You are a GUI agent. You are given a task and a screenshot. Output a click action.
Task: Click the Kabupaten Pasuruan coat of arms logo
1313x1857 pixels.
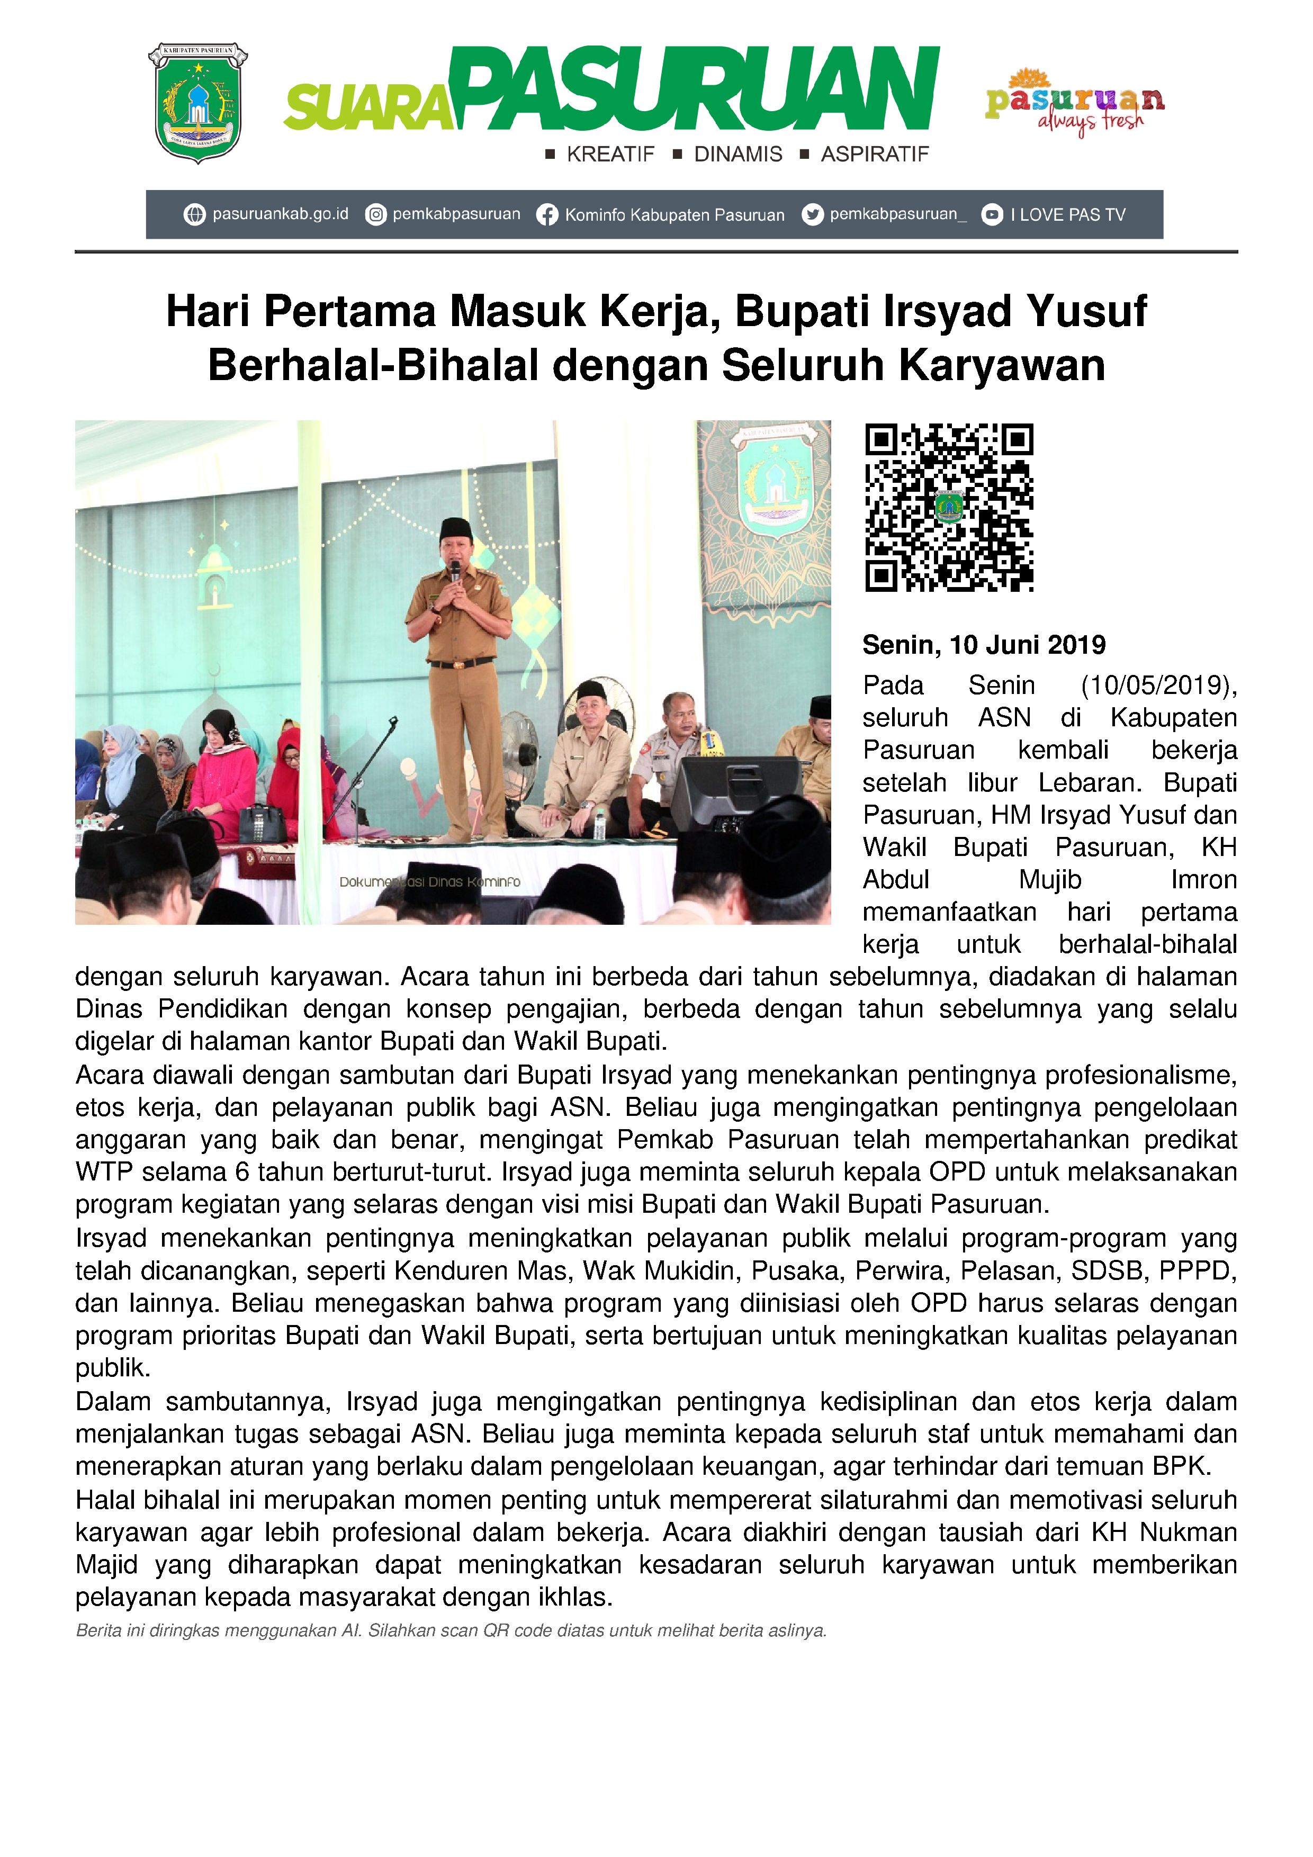197,103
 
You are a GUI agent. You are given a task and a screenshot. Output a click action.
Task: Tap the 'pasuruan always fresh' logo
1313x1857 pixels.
1074,103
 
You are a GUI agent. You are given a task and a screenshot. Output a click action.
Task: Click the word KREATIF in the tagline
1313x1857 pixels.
610,155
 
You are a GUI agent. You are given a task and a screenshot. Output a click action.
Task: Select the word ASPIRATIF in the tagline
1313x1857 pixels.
875,155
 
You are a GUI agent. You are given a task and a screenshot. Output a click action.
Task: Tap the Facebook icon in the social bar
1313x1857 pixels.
547,214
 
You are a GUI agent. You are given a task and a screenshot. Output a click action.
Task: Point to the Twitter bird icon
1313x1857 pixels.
812,214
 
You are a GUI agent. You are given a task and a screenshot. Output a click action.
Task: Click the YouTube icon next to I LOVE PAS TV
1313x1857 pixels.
992,214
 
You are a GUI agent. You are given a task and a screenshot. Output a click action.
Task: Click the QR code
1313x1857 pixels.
949,507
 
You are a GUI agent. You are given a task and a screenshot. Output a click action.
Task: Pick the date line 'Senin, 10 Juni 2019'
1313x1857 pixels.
984,645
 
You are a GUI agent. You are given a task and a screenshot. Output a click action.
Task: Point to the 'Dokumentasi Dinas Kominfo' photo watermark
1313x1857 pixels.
429,881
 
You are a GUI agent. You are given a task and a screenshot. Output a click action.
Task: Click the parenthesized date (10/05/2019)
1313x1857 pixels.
1158,685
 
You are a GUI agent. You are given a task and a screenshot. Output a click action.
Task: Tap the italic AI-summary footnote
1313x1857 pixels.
451,1630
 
